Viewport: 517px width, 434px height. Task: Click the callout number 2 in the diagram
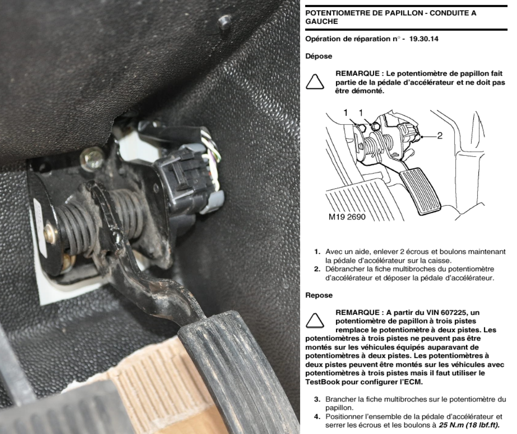pyautogui.click(x=440, y=135)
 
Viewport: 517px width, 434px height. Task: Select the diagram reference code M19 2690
pyautogui.click(x=347, y=217)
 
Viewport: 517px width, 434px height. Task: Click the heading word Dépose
pyautogui.click(x=319, y=56)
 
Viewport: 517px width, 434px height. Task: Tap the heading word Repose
pyautogui.click(x=319, y=295)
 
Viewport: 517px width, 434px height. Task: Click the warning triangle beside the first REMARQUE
pyautogui.click(x=315, y=81)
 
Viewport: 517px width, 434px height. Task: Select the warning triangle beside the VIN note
pyautogui.click(x=315, y=321)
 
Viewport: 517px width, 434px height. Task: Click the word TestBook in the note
pyautogui.click(x=322, y=382)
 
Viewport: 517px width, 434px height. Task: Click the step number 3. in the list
pyautogui.click(x=317, y=399)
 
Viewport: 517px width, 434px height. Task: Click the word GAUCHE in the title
pyautogui.click(x=321, y=22)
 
